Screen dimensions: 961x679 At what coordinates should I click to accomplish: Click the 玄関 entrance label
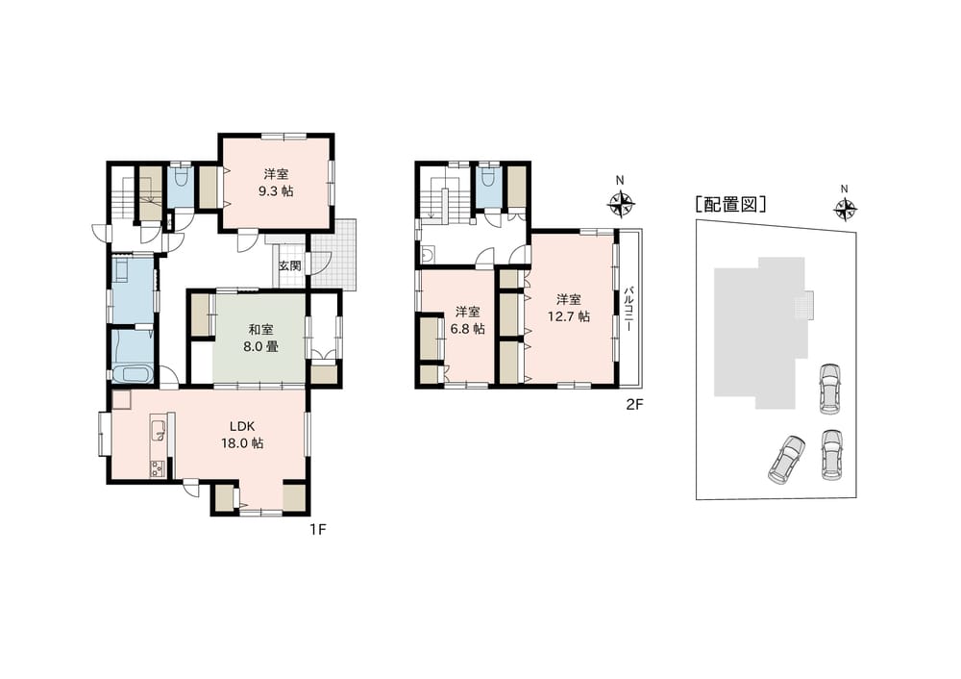290,266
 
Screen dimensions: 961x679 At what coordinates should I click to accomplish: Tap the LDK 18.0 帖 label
242,435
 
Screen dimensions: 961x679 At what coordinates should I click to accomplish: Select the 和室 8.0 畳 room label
260,338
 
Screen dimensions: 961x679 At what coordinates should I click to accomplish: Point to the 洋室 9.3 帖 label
276,182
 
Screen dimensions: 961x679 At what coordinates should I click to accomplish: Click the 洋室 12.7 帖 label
569,308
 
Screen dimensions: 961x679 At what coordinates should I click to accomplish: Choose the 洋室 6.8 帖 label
467,320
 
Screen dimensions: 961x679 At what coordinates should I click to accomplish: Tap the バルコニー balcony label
628,309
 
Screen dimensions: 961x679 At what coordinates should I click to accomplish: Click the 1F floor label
317,529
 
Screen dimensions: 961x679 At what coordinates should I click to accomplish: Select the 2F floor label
633,404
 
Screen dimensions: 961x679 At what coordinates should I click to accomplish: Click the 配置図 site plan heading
730,204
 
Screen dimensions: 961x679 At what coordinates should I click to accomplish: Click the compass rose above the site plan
845,210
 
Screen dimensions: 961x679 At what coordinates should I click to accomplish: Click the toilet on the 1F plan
180,178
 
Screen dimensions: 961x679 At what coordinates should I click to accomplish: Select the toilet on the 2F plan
488,177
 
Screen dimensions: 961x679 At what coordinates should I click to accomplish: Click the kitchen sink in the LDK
159,429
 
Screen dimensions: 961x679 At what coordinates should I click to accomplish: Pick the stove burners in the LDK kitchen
157,468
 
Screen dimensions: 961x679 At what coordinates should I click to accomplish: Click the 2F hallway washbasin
428,255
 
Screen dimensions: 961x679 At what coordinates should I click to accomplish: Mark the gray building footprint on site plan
759,333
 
